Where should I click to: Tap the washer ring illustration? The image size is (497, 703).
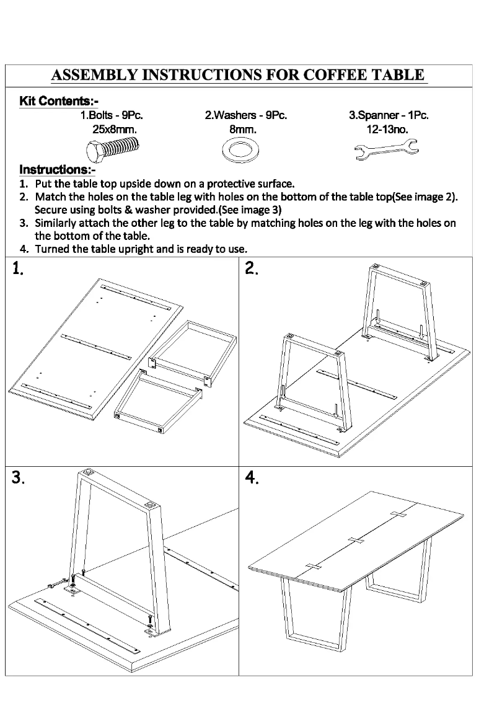point(242,150)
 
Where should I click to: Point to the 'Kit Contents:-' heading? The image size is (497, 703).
point(59,101)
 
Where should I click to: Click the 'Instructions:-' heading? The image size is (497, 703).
point(58,169)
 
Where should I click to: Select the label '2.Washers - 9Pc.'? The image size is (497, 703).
point(246,115)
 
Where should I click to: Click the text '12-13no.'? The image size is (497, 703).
point(388,130)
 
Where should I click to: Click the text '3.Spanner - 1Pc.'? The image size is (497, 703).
point(389,115)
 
